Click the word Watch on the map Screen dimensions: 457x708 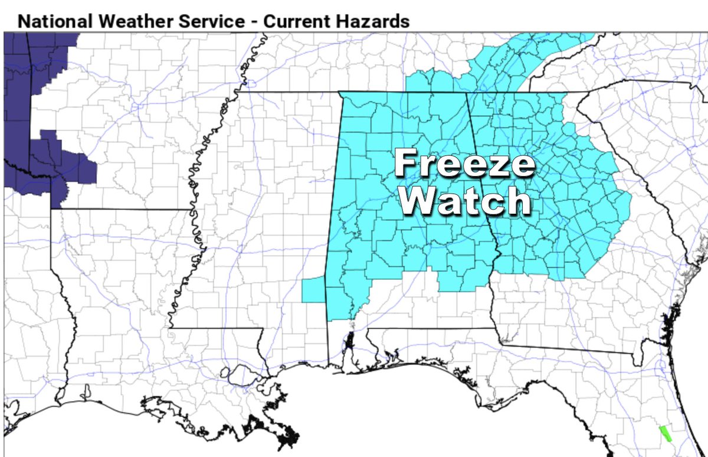pyautogui.click(x=465, y=202)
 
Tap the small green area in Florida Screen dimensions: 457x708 pyautogui.click(x=664, y=434)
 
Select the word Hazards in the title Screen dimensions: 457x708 pyautogui.click(x=373, y=21)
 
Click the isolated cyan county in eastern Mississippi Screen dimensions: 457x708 pyautogui.click(x=313, y=289)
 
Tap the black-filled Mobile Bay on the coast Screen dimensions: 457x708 pyautogui.click(x=349, y=342)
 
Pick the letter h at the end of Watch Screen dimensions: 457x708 pyautogui.click(x=520, y=202)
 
